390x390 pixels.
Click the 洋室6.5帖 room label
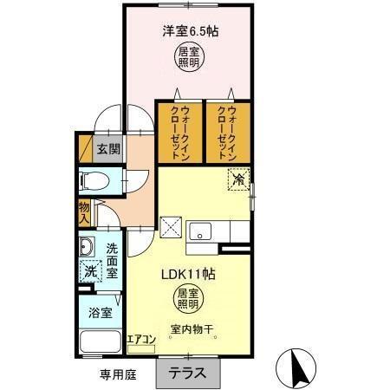click(190, 32)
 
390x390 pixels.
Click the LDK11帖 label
click(190, 272)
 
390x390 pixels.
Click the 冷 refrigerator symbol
click(237, 181)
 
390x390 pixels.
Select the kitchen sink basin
click(201, 231)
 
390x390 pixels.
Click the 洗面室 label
click(112, 260)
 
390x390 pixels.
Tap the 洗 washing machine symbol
click(89, 272)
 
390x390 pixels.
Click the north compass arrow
click(296, 369)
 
